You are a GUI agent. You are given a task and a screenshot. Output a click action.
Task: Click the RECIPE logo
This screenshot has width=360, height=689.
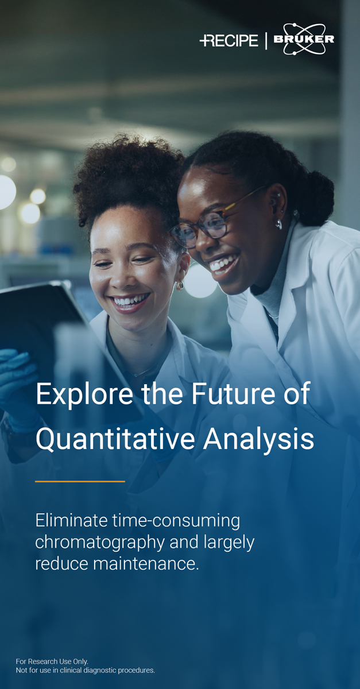[x=229, y=40]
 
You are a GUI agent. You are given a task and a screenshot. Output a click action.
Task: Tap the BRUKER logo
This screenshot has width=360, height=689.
[x=304, y=39]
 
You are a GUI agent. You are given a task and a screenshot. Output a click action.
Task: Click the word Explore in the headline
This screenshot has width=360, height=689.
[x=84, y=394]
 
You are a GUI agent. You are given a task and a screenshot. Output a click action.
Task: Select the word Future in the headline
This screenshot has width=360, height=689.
[x=233, y=393]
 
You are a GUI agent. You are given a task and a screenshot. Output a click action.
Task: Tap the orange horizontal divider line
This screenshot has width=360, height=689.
[x=80, y=481]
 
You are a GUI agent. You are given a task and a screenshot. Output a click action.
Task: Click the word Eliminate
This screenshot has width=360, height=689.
[x=71, y=520]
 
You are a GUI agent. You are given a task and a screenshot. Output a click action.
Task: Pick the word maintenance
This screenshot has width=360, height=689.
[x=146, y=564]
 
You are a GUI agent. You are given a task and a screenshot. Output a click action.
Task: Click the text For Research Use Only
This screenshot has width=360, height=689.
[x=52, y=661]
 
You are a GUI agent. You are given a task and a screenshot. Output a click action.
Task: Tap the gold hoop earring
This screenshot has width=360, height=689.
[x=179, y=285]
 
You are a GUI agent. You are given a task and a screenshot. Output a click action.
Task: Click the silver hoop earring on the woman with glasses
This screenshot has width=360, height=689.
[x=278, y=223]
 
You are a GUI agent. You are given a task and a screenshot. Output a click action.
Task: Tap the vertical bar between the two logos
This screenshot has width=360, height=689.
[x=266, y=41]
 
